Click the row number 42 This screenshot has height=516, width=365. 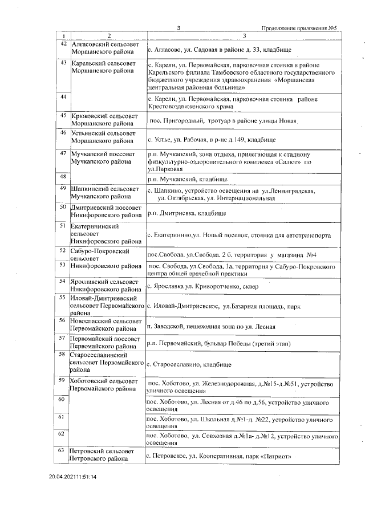point(64,44)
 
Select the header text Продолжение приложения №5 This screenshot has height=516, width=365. point(301,28)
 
